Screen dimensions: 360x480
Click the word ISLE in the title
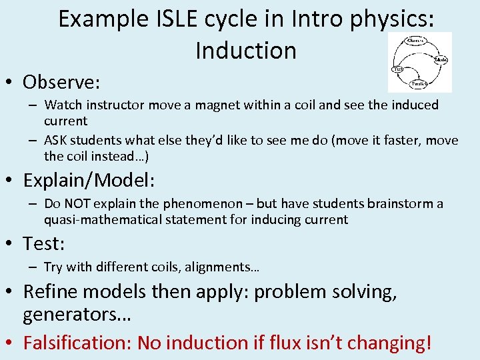pyautogui.click(x=178, y=19)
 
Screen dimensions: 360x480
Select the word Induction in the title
pyautogui.click(x=246, y=50)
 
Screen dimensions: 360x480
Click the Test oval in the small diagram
pyautogui.click(x=399, y=69)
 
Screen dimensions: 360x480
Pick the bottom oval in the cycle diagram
pyautogui.click(x=419, y=84)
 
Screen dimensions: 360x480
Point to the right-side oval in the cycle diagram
pyautogui.click(x=441, y=59)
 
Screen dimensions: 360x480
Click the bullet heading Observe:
pyautogui.click(x=61, y=82)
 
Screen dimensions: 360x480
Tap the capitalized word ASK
pyautogui.click(x=57, y=140)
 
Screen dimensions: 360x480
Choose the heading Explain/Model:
pyautogui.click(x=89, y=181)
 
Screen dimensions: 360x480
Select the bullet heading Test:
pyautogui.click(x=44, y=244)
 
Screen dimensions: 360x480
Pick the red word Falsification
pyautogui.click(x=77, y=343)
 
